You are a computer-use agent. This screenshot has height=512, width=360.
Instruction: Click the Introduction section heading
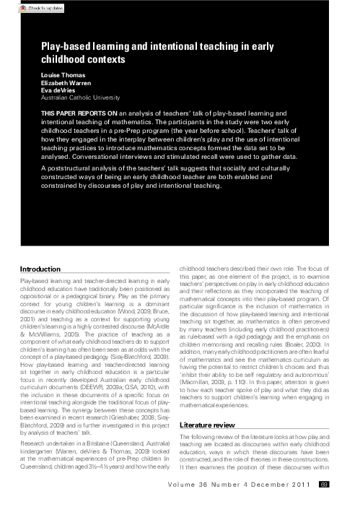pyautogui.click(x=41, y=269)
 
